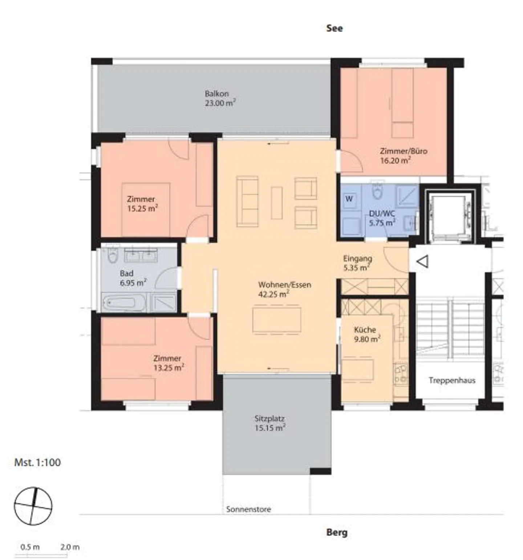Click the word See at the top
point(334,28)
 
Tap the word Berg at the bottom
point(337,533)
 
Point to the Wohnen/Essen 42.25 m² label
point(284,289)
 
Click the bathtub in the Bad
point(119,302)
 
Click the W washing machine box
point(349,199)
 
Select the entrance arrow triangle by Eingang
point(422,261)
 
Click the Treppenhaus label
point(452,380)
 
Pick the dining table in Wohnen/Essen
point(277,320)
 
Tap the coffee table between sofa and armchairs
point(277,203)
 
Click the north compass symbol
point(33,506)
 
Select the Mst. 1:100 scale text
point(37,463)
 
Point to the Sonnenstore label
point(249,509)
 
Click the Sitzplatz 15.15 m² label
point(270,423)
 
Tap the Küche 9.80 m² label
point(367,334)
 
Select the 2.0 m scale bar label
point(70,547)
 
